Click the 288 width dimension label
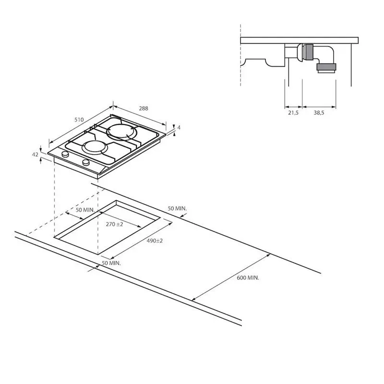tap(144, 108)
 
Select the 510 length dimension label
tap(79, 120)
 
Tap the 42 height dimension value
tap(35, 155)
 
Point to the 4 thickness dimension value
tap(179, 128)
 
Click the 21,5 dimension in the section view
tap(293, 113)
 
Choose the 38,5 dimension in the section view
tap(319, 113)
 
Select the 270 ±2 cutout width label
tap(114, 224)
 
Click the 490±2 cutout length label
tap(155, 241)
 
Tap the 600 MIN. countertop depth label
tap(248, 278)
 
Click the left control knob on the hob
tap(65, 154)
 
